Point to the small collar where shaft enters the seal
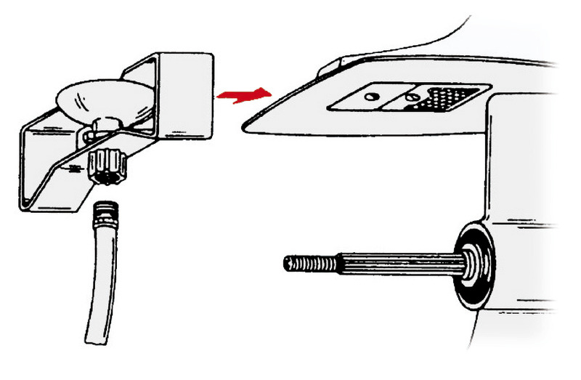pyautogui.click(x=459, y=261)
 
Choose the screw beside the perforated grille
pyautogui.click(x=411, y=97)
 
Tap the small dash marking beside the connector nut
pyautogui.click(x=73, y=168)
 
